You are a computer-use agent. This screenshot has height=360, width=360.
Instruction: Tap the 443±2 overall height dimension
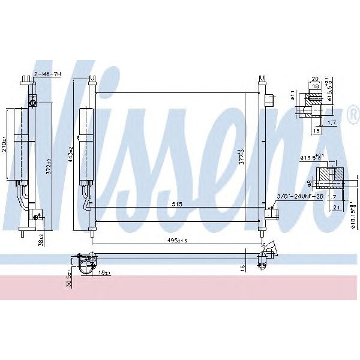(x=71, y=155)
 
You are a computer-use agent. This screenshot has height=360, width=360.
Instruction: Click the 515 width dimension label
(x=178, y=205)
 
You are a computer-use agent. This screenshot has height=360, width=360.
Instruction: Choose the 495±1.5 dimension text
(x=178, y=241)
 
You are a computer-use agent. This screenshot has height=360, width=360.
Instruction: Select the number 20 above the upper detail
(x=314, y=79)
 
